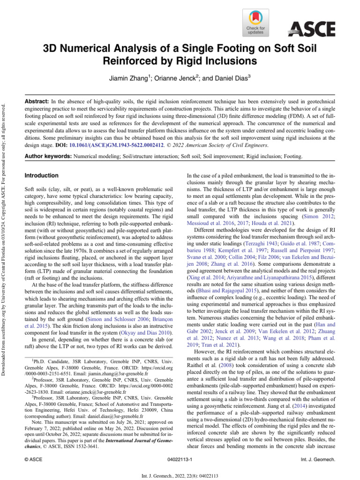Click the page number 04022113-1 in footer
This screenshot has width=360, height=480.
(x=180, y=460)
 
